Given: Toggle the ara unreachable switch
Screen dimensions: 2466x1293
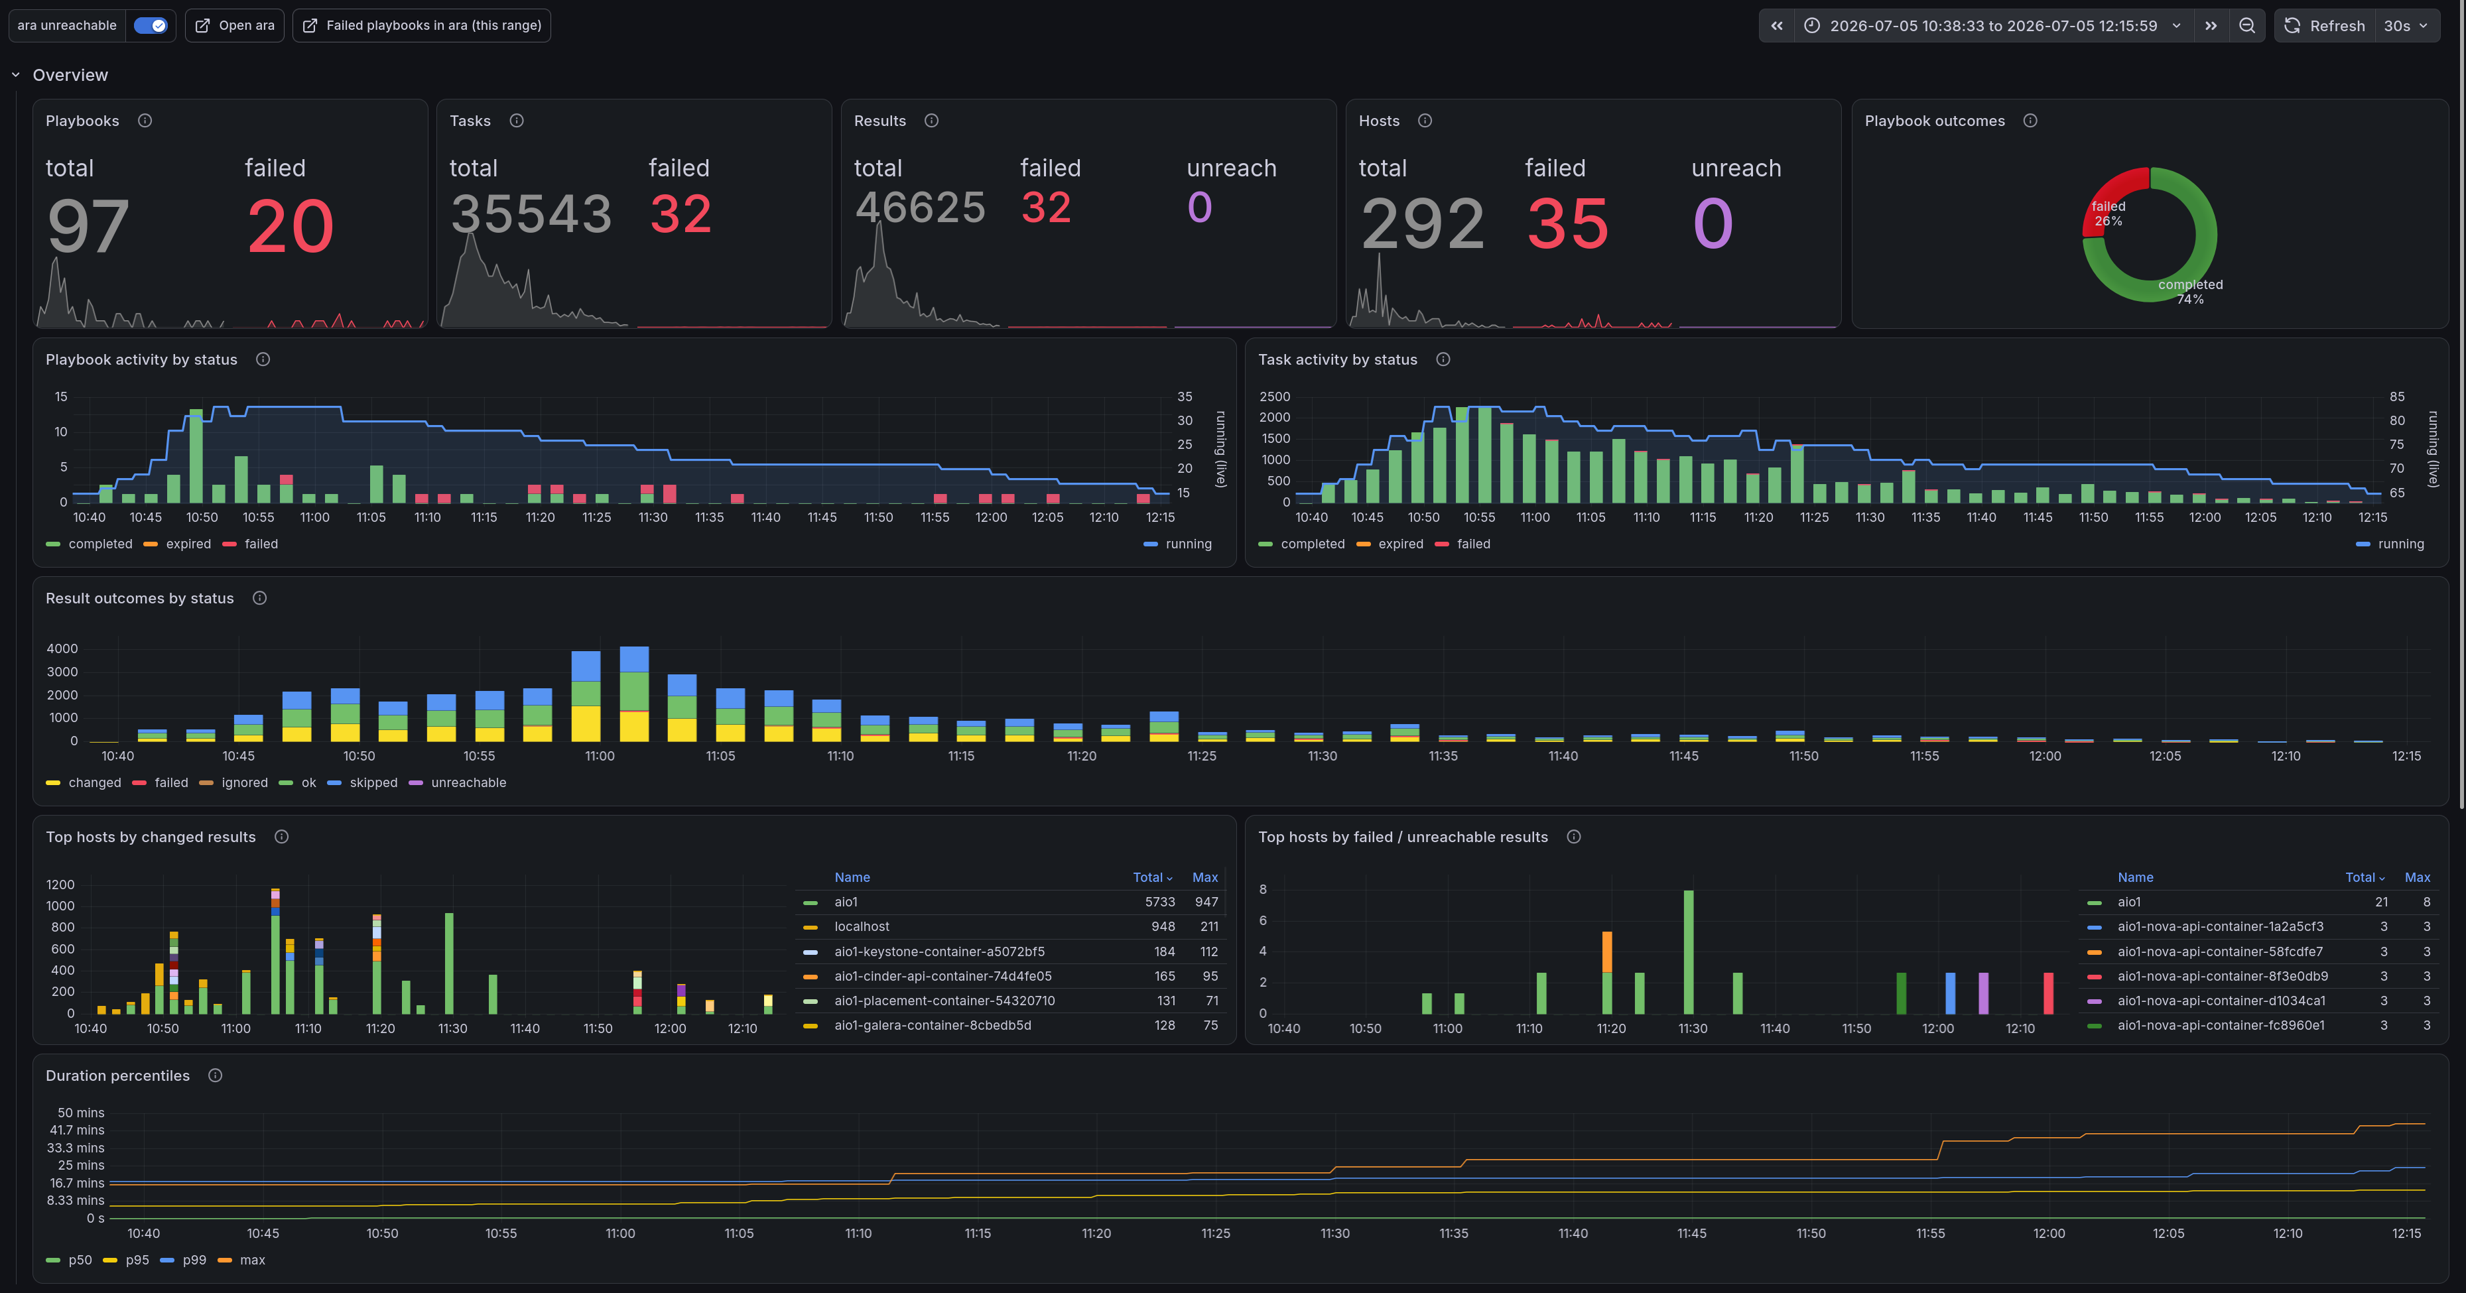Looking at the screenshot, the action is click(151, 26).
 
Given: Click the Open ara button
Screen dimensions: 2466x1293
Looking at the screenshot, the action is click(235, 26).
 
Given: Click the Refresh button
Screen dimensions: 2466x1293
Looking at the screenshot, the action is click(2324, 26).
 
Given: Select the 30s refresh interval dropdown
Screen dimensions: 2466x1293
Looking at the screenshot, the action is click(2406, 26).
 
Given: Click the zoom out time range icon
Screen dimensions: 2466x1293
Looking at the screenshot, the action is click(2246, 26).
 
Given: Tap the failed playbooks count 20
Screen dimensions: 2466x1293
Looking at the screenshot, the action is click(290, 227).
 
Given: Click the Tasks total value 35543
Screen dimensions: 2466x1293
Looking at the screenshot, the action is click(531, 214).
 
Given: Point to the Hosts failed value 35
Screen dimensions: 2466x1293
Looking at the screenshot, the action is click(1567, 224).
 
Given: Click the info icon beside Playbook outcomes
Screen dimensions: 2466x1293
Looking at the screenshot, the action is click(2030, 121).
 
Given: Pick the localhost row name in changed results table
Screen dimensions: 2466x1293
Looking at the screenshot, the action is click(862, 926).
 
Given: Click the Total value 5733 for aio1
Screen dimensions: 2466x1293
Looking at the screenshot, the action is click(1159, 902).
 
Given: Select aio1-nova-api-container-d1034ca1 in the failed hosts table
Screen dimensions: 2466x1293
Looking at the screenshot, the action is click(2221, 1000).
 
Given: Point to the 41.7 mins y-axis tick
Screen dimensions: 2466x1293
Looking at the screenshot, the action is click(76, 1131).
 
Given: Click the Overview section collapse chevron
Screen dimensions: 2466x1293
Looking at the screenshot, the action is click(15, 75).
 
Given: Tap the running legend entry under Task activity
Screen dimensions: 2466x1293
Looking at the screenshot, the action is click(2390, 544).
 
